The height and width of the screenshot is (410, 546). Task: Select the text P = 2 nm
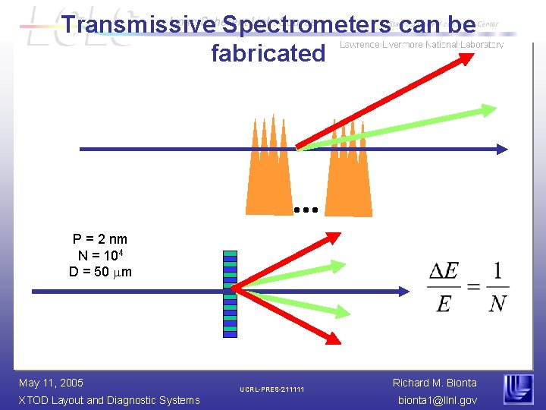(x=100, y=239)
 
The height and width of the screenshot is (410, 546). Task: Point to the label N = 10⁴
(x=100, y=255)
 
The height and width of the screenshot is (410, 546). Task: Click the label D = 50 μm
(x=100, y=271)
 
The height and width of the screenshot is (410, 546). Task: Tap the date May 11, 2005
(x=51, y=383)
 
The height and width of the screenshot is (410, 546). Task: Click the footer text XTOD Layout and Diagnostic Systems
(x=109, y=400)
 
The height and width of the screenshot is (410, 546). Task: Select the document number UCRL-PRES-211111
(x=272, y=390)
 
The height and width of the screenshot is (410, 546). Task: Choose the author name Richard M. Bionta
(x=435, y=383)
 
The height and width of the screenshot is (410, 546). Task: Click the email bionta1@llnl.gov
(x=436, y=400)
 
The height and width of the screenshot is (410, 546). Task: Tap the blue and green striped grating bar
(x=231, y=292)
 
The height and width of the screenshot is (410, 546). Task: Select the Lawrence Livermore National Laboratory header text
(x=422, y=46)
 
